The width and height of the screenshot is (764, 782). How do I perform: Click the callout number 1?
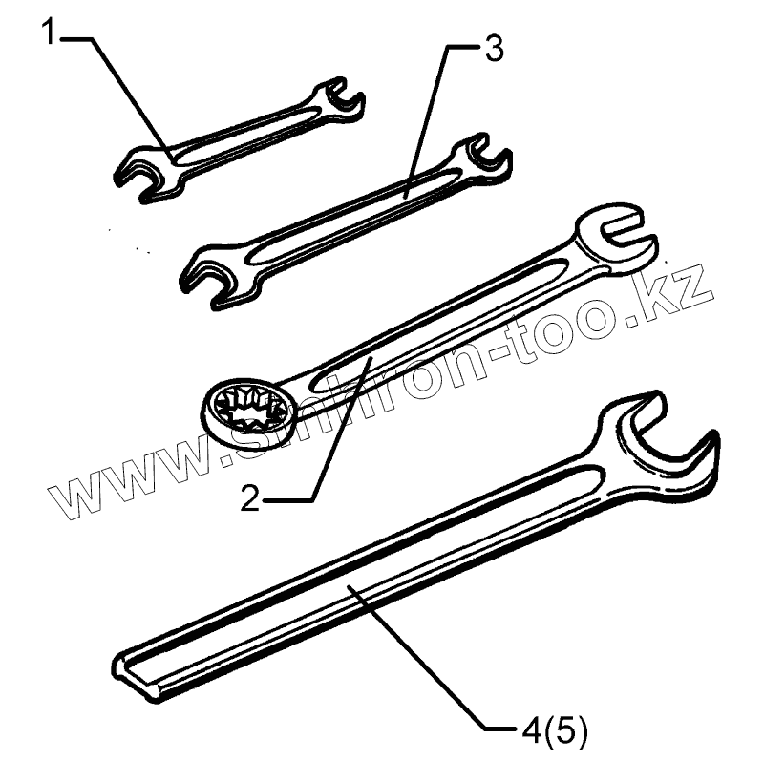[x=51, y=35]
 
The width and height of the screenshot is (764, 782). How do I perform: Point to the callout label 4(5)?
[x=556, y=733]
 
